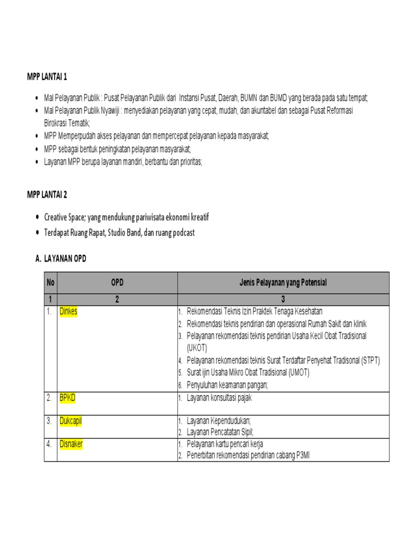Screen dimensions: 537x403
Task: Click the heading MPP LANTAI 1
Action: (x=47, y=78)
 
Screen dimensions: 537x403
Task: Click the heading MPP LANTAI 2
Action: (x=47, y=195)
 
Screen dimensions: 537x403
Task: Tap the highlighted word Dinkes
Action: (x=68, y=312)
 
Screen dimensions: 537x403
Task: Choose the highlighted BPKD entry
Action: (x=67, y=398)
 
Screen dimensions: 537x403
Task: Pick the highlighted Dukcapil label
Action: (x=71, y=421)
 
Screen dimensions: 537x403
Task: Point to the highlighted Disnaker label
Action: (x=71, y=444)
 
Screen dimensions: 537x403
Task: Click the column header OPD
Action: (x=117, y=283)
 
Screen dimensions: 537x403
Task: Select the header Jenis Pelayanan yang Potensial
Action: (x=283, y=283)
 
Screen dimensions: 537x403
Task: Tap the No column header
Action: (x=50, y=283)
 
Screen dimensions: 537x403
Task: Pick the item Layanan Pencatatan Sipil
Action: (x=220, y=432)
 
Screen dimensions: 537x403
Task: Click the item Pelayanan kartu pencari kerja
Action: (x=225, y=444)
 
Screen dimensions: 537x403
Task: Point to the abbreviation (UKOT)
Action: (x=197, y=348)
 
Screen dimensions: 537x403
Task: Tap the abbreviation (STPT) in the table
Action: (x=367, y=360)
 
